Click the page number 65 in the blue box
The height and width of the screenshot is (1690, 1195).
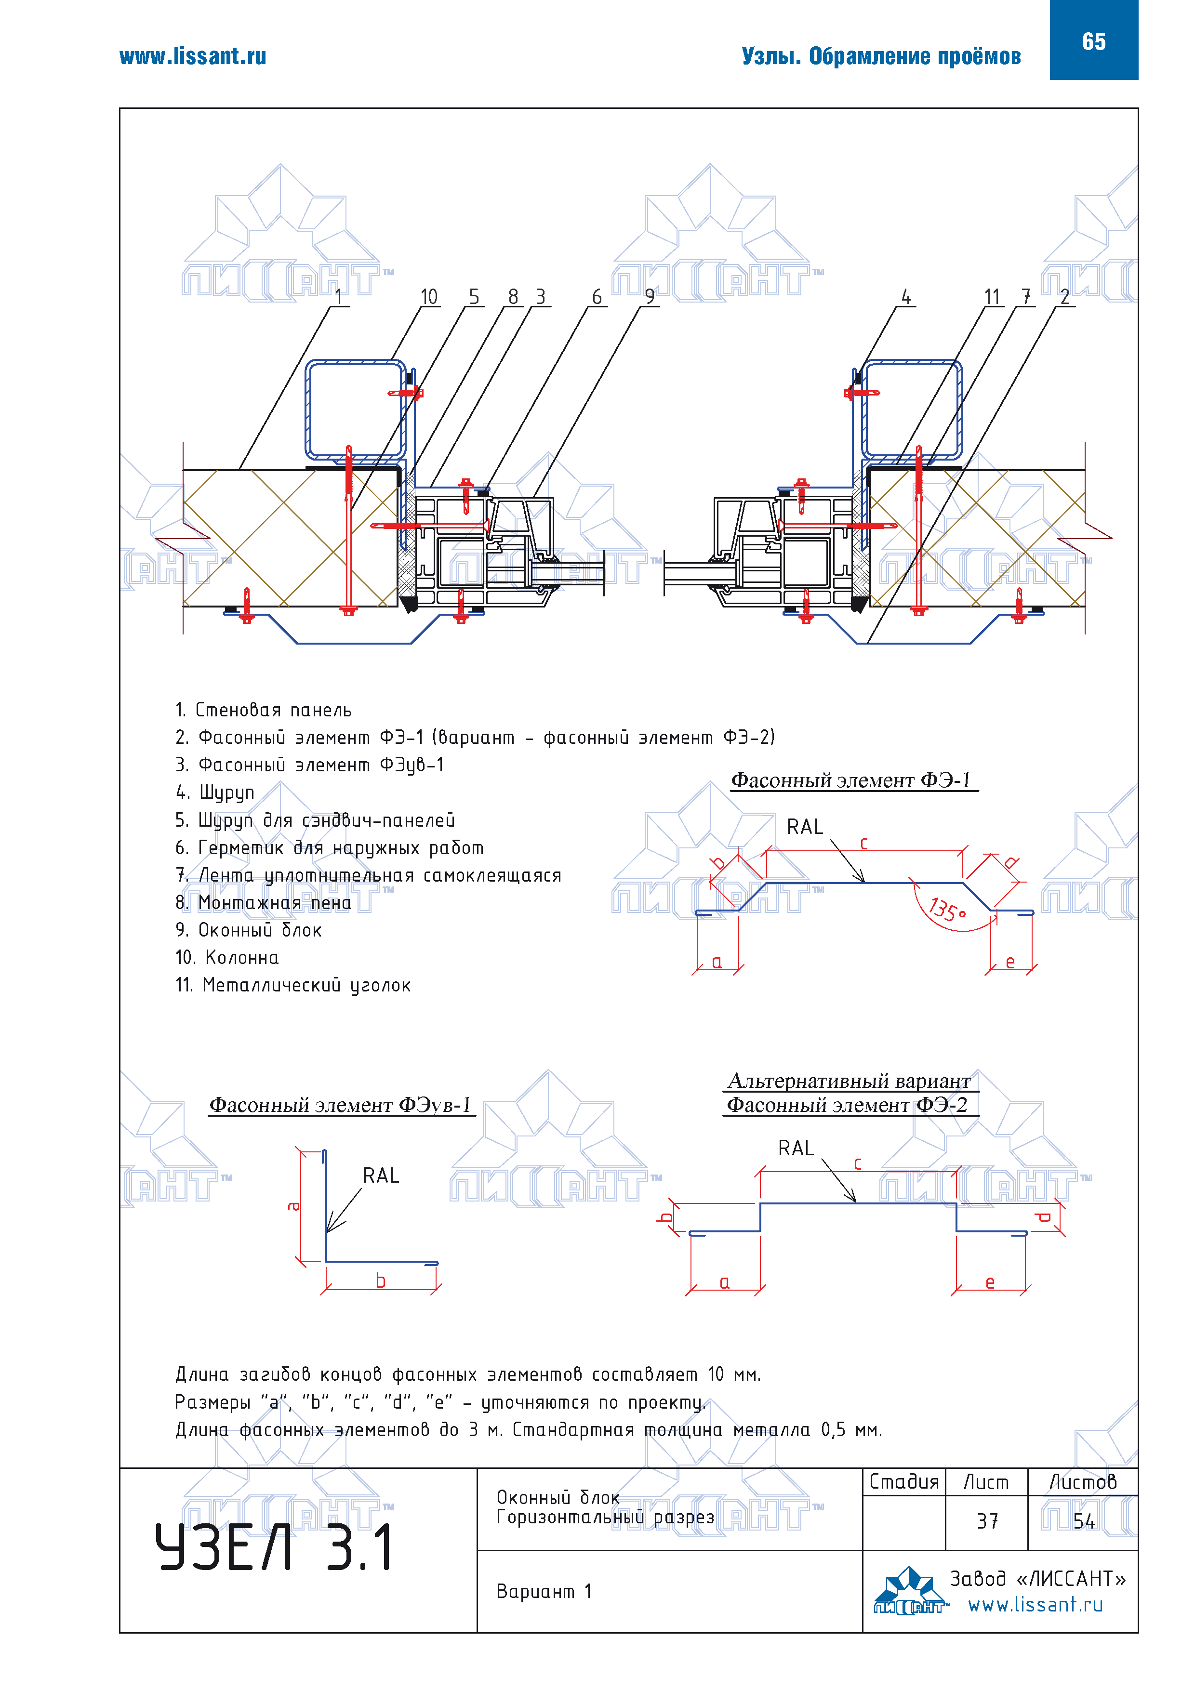[1093, 41]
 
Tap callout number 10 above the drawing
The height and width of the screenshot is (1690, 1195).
[428, 297]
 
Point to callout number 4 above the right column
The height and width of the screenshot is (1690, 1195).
[906, 297]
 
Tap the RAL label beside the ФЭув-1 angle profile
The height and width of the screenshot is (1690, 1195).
[381, 1175]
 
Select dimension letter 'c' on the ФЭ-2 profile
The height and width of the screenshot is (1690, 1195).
[858, 1164]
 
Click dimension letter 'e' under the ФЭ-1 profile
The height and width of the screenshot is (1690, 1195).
[1010, 962]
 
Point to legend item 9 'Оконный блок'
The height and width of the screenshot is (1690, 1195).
[249, 930]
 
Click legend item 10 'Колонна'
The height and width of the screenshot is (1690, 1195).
[227, 958]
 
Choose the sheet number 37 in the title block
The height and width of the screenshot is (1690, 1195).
[987, 1521]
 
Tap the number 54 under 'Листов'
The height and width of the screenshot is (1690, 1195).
[1084, 1521]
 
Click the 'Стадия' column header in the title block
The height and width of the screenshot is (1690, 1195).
[904, 1482]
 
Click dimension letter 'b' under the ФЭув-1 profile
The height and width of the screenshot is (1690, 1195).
[381, 1281]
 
